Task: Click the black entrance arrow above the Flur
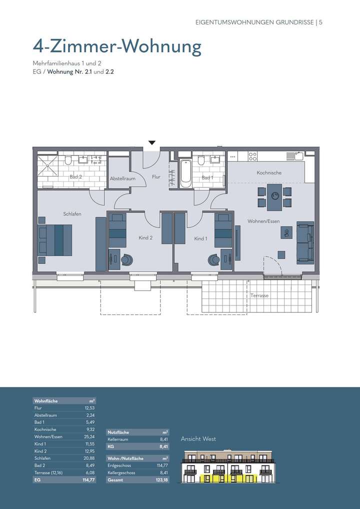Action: [152, 143]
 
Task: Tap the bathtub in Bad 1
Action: [185, 173]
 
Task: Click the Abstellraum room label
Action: [122, 178]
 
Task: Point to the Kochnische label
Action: [269, 172]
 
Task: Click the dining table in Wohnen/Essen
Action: [274, 197]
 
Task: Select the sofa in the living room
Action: [304, 242]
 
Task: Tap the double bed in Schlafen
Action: [55, 240]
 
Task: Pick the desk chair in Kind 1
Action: [214, 259]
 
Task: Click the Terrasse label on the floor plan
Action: [259, 295]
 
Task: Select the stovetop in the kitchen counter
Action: [252, 156]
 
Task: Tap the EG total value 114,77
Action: [88, 480]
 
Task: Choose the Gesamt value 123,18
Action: [161, 480]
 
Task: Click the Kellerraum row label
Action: [117, 439]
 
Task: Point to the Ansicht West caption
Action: [198, 439]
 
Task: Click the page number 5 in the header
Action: [321, 22]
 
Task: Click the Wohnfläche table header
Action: [45, 401]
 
